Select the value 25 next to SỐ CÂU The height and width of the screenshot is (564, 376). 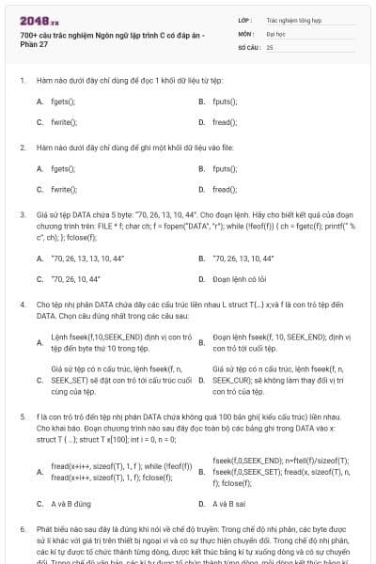(x=270, y=46)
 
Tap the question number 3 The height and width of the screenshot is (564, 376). (x=22, y=214)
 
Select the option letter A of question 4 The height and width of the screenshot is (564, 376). (x=39, y=343)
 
